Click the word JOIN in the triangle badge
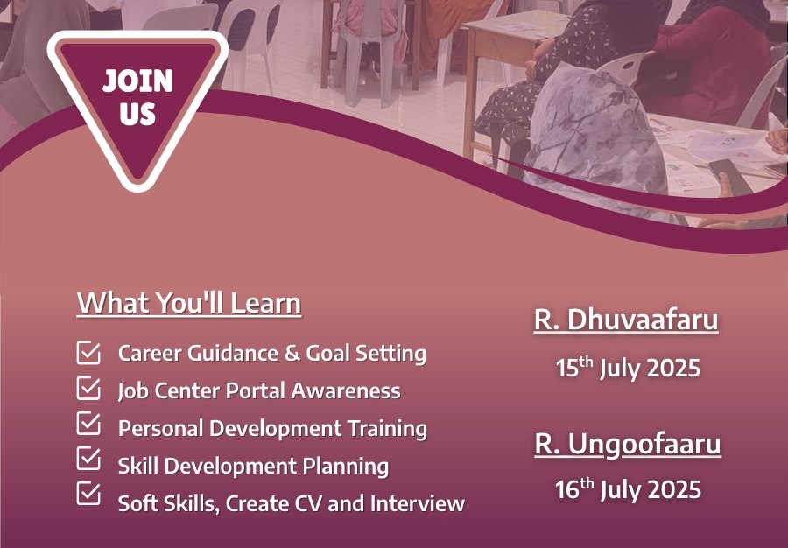pos(137,81)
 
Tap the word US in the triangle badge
pos(137,113)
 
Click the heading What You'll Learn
pos(189,303)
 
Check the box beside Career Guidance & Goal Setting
pos(88,353)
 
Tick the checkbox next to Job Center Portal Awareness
pos(88,389)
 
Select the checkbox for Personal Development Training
pos(88,424)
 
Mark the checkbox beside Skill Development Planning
pos(88,459)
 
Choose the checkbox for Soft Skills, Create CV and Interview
pos(88,494)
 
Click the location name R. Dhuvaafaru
pos(626,320)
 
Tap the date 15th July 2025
pos(628,367)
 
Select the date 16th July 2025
pos(628,489)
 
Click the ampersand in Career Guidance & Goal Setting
pos(292,353)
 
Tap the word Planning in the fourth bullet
pos(345,467)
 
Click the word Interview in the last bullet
pos(417,503)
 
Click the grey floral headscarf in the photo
pos(598,141)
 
